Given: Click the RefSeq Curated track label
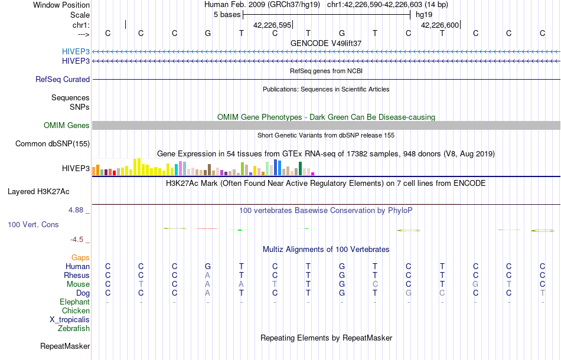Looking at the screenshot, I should click(x=63, y=79).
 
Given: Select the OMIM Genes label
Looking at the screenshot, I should click(x=67, y=125).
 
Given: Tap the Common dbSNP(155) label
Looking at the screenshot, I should click(x=53, y=143).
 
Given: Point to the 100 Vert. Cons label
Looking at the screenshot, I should click(x=33, y=225).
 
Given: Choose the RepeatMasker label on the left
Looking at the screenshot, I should click(x=65, y=346).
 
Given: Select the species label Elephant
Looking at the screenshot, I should click(x=75, y=302).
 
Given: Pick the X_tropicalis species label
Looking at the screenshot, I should click(x=70, y=319).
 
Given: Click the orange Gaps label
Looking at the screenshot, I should click(x=80, y=257).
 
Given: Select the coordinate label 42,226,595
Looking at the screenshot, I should click(x=272, y=25).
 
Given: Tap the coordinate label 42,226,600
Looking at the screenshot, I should click(x=440, y=25).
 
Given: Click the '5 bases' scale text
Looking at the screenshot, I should click(x=227, y=14).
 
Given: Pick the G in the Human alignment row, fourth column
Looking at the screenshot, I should click(x=208, y=266).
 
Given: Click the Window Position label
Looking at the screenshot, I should click(x=61, y=5).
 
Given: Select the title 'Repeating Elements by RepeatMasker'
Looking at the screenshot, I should click(x=327, y=338).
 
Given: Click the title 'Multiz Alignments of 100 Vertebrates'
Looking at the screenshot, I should click(x=326, y=249).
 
